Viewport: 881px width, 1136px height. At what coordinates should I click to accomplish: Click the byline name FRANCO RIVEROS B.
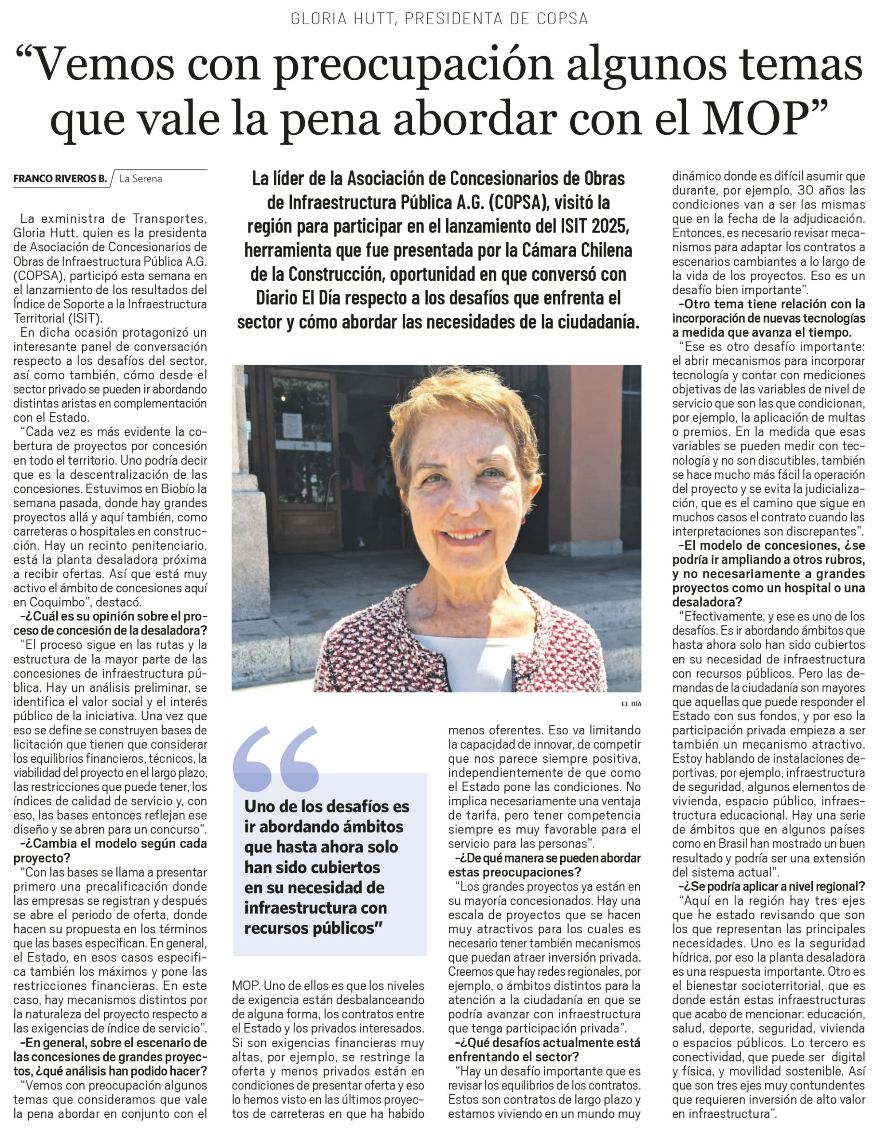(x=60, y=179)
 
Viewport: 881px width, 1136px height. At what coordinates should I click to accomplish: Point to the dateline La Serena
(x=141, y=179)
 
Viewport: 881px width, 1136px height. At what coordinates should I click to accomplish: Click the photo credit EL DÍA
(x=631, y=704)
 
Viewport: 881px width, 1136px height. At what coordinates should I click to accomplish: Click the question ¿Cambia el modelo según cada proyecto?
(x=110, y=850)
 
